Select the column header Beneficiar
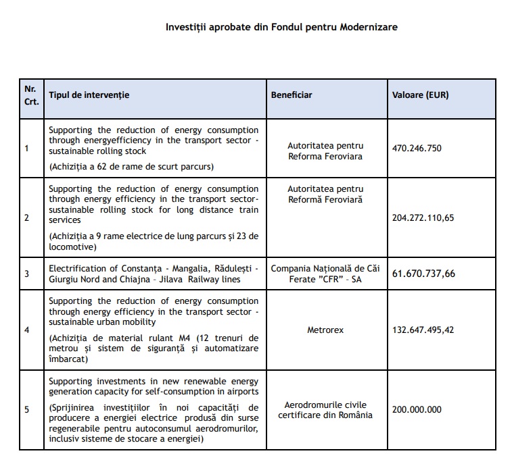(x=292, y=95)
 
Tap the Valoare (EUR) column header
(x=420, y=95)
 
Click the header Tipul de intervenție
(x=89, y=95)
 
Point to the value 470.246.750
(x=426, y=148)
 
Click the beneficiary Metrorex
(x=325, y=331)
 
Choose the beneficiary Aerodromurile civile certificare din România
(x=325, y=409)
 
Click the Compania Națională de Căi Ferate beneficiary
(x=325, y=274)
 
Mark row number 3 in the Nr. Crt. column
(x=26, y=274)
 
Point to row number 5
(x=26, y=410)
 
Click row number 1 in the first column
(x=26, y=149)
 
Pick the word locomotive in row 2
(x=70, y=247)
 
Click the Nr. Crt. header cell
(x=31, y=95)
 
